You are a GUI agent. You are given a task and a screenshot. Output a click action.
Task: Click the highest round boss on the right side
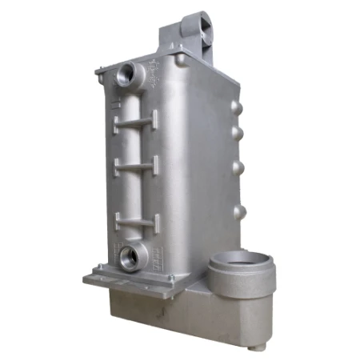(x=235, y=106)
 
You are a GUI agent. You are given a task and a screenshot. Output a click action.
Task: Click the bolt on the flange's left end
(x=95, y=268)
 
